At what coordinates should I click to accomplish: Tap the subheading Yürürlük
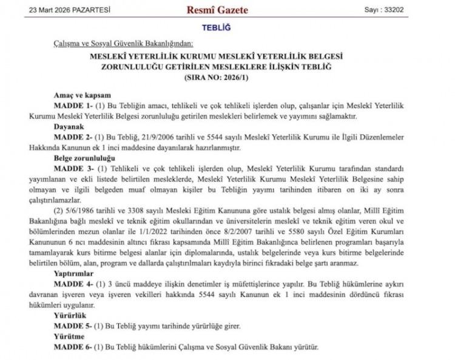[x=69, y=316]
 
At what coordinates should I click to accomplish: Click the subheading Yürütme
[x=69, y=336]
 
